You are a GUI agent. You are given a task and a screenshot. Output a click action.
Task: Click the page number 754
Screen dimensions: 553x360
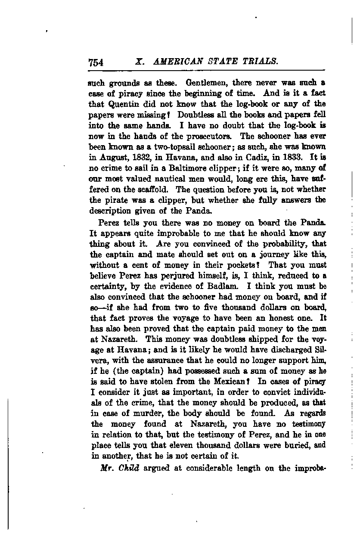pos(96,62)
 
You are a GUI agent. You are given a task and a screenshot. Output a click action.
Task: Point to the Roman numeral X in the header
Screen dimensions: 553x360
pos(138,62)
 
